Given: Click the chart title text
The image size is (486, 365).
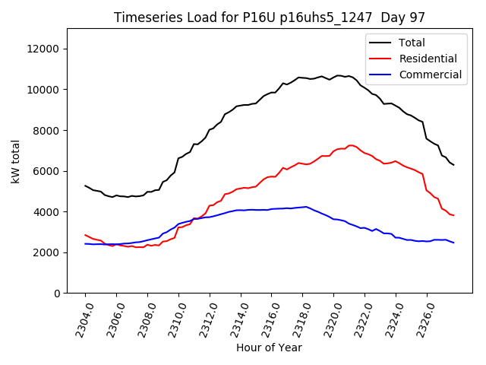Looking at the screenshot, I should click(x=270, y=17).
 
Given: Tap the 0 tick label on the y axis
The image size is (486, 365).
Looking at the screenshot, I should click(x=57, y=293).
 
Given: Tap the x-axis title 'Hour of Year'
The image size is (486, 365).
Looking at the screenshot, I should click(x=269, y=348).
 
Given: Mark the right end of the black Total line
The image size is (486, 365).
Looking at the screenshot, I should click(x=454, y=165).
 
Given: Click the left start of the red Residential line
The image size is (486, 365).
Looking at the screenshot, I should click(x=85, y=235).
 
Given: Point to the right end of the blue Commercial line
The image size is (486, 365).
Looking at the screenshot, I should click(x=454, y=243).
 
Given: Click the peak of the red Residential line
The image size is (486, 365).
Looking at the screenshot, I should click(x=351, y=145).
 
